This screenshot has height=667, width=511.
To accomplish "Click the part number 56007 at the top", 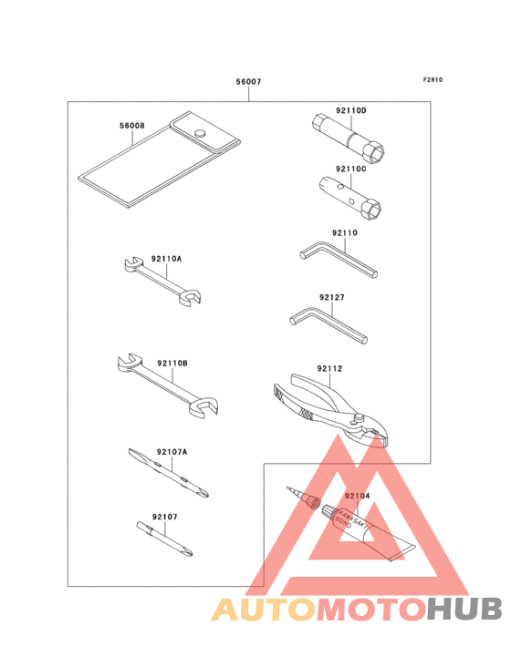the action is coord(249,81).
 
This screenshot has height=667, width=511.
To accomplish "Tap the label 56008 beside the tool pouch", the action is coord(132,126).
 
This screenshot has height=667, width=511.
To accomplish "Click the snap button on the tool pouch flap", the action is coord(200,133).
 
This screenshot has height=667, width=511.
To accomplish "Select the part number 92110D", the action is coord(351,110).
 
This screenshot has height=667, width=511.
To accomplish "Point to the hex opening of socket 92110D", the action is coord(376,153).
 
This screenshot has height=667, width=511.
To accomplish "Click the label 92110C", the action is coord(351,169).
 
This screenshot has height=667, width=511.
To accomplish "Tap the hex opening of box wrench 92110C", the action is coord(373,210).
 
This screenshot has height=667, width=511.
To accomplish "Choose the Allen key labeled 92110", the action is coord(339,259).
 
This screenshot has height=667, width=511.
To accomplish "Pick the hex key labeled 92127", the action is coord(328,325).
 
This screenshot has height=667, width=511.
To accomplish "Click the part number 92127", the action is coord(332,297).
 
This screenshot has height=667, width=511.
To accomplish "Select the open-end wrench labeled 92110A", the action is coord(163,282).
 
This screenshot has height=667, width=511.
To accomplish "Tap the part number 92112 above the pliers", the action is coord(329,368).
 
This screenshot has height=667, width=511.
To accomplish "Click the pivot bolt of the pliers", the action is coord(358,419).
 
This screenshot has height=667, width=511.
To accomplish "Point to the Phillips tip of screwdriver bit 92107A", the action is coord(203,493).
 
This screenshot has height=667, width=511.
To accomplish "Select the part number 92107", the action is coord(165,517).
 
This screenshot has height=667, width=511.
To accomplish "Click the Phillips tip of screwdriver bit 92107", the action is coord(187,551).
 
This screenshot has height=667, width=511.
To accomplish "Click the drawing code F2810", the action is coord(433,79).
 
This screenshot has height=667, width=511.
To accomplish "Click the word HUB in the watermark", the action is coord(465,610).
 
